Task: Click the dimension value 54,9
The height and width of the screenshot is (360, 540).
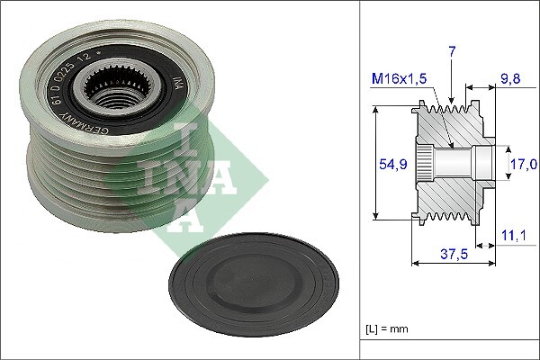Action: [x=388, y=164]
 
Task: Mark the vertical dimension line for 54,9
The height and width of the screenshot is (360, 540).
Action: [x=374, y=164]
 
